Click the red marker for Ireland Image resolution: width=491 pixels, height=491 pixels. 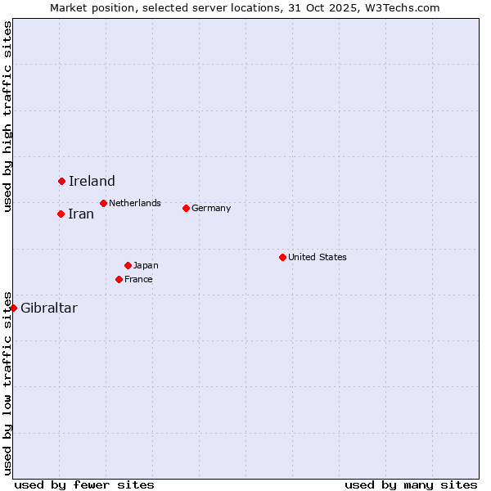(61, 181)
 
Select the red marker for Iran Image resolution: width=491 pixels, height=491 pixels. (61, 214)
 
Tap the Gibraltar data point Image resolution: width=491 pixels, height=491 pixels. (13, 308)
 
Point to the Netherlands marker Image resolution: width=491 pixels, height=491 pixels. (103, 203)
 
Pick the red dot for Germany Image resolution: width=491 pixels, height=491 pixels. (186, 208)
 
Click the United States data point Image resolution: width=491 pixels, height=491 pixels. (282, 257)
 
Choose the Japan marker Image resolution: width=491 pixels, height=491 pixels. (128, 265)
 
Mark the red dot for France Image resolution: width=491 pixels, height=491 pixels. (119, 279)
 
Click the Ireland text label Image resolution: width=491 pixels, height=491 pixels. (92, 182)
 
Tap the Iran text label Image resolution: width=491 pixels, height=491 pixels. (81, 214)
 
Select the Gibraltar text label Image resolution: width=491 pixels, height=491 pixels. (49, 309)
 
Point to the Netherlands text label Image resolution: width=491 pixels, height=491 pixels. (135, 203)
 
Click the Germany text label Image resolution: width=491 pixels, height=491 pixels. (211, 208)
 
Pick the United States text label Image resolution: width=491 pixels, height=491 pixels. (318, 257)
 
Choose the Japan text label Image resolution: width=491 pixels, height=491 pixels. (146, 265)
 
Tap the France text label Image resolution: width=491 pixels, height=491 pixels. (138, 279)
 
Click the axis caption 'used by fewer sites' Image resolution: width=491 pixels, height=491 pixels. (84, 484)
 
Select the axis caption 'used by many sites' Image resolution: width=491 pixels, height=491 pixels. (411, 484)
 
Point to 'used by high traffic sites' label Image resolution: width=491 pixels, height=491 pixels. (8, 116)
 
